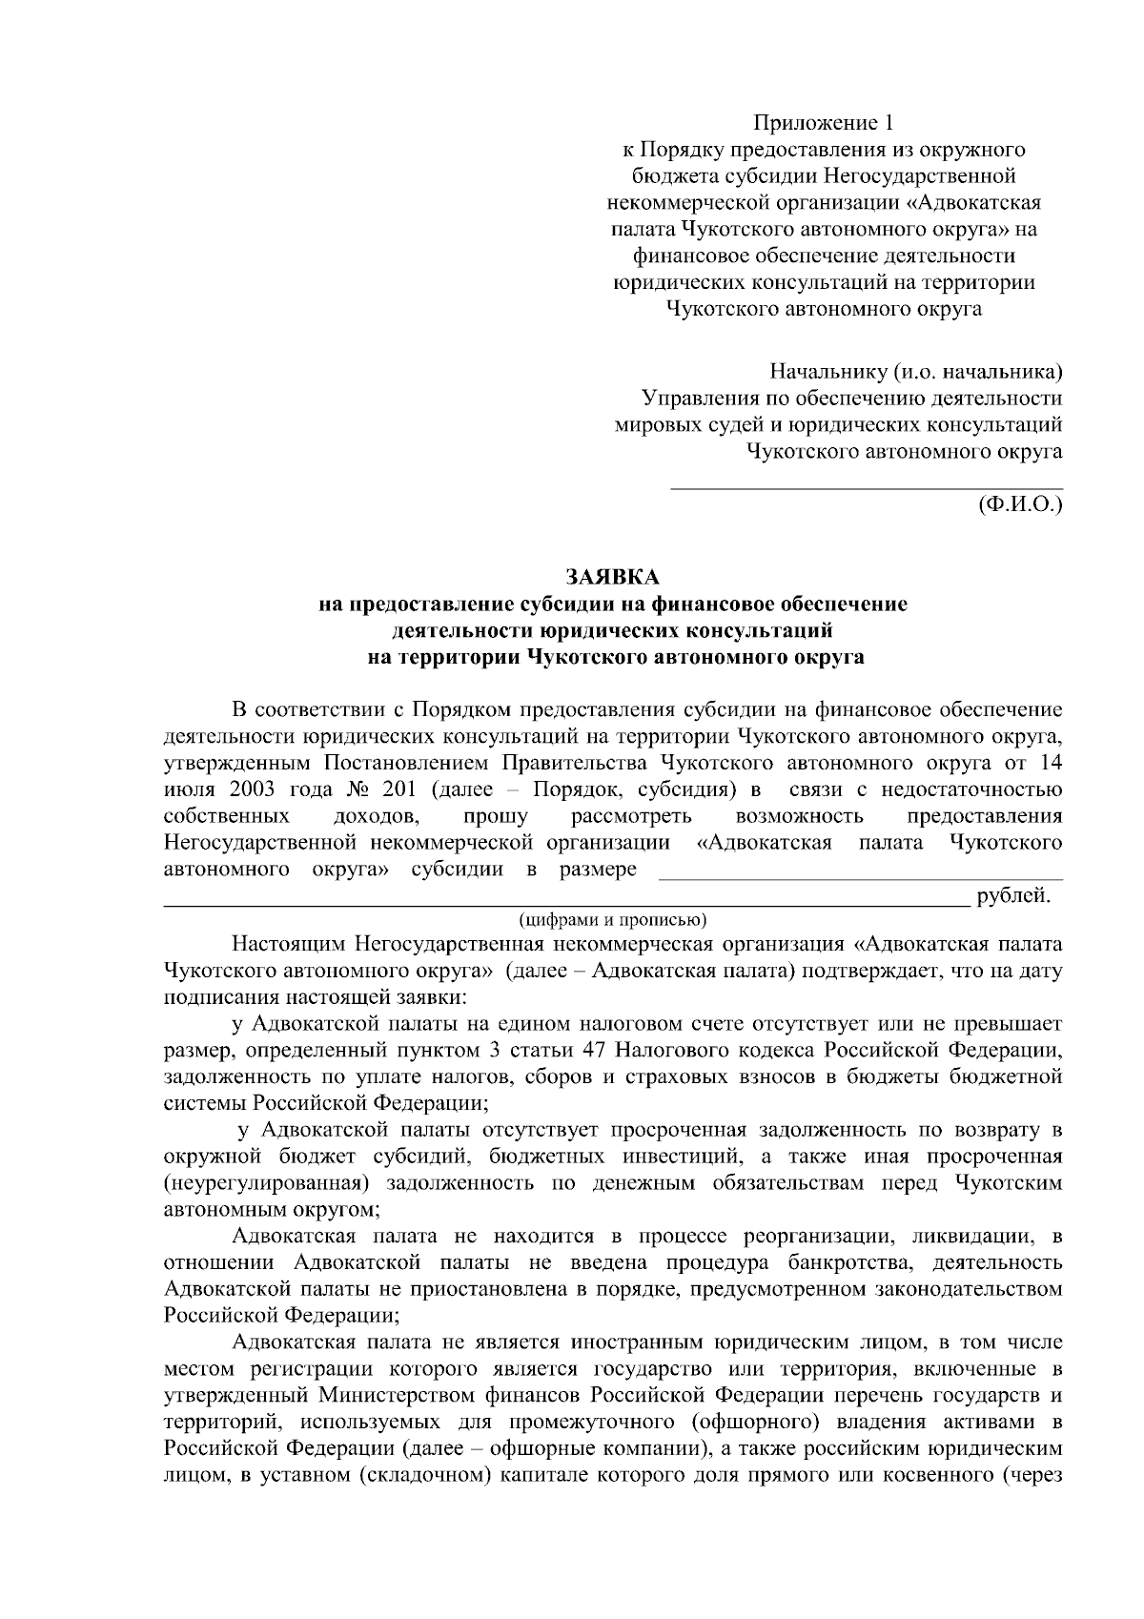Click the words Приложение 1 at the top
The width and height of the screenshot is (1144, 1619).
tap(825, 122)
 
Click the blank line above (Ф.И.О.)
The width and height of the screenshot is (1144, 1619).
tap(867, 487)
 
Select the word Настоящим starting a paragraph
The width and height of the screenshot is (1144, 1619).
tap(290, 945)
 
